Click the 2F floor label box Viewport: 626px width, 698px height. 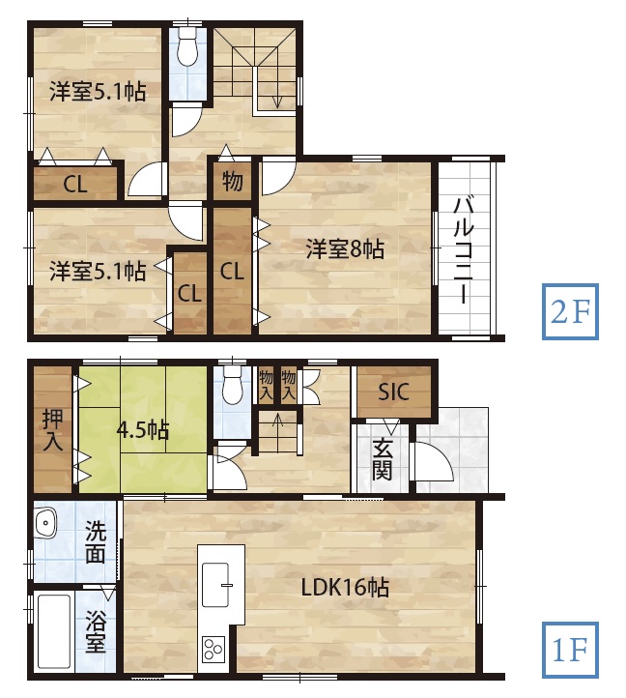(x=570, y=311)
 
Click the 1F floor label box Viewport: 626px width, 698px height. (x=570, y=650)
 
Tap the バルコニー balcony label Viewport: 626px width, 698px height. (x=464, y=251)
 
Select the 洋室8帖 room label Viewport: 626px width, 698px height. (x=345, y=249)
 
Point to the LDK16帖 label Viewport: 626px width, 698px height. (x=345, y=588)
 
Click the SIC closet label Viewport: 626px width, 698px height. (x=393, y=392)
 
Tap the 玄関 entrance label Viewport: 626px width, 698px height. (x=383, y=459)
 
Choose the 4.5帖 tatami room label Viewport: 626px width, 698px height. (x=142, y=430)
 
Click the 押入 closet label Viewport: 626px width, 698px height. (x=52, y=429)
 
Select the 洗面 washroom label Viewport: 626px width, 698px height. (x=96, y=541)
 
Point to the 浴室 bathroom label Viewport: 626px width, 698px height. (x=96, y=631)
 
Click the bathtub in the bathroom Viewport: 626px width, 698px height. (x=54, y=632)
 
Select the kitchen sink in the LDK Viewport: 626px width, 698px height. (x=215, y=585)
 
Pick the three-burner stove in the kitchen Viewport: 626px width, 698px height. (x=213, y=649)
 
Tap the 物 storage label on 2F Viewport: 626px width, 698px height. (x=232, y=181)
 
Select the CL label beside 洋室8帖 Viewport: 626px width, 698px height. (x=232, y=271)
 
